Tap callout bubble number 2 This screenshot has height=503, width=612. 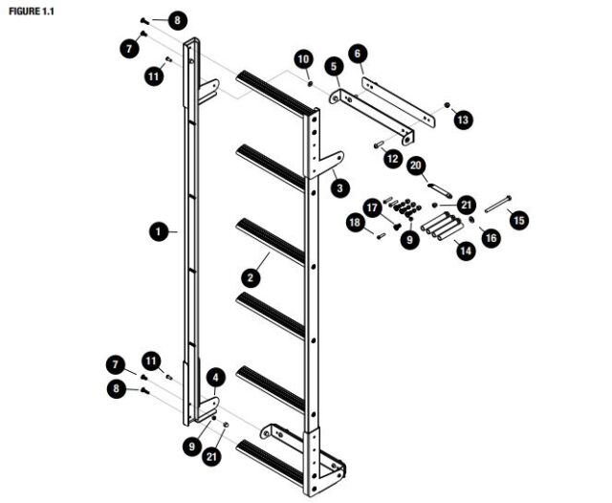[251, 278]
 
